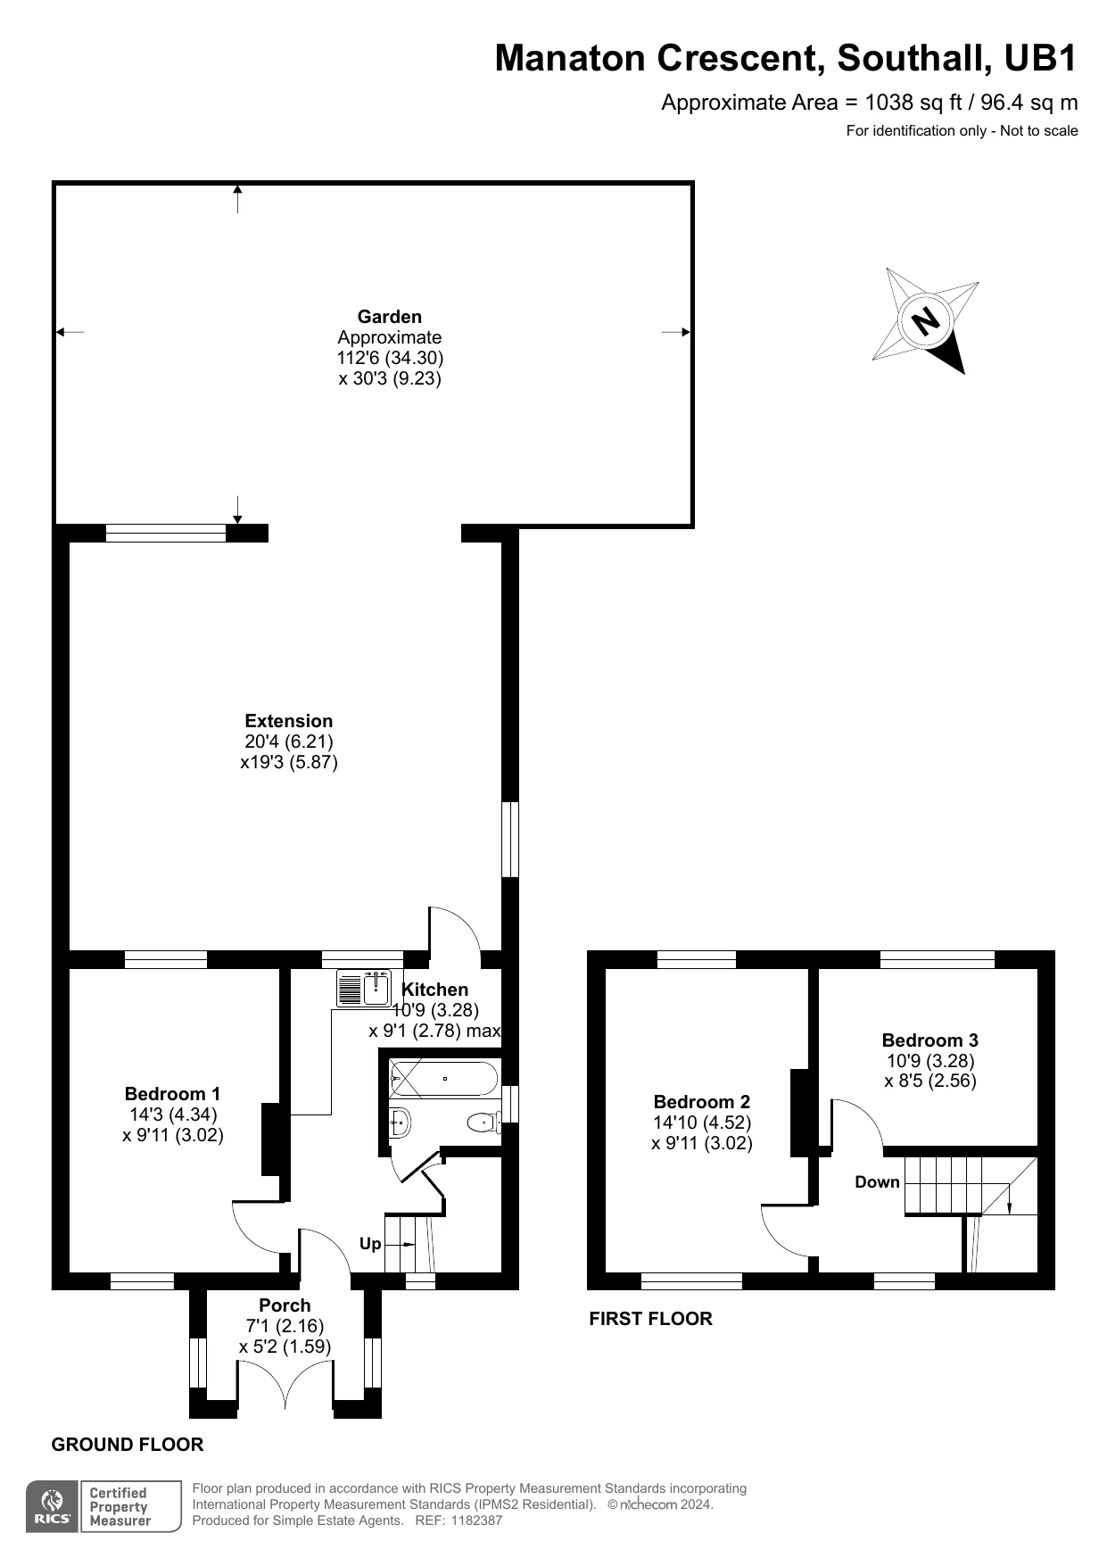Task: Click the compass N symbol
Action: point(926,320)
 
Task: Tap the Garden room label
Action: point(390,317)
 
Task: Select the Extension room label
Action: point(289,721)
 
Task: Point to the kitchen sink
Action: point(364,988)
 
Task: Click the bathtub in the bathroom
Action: point(443,1078)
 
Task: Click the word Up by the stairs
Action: point(370,1244)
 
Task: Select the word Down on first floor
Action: point(878,1182)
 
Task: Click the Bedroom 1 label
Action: point(173,1094)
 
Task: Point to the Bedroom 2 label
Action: point(702,1102)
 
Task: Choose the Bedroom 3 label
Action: point(930,1040)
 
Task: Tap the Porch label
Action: point(285,1305)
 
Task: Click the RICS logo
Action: point(53,1507)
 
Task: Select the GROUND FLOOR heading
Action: point(128,1445)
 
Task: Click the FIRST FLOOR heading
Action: point(651,1319)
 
